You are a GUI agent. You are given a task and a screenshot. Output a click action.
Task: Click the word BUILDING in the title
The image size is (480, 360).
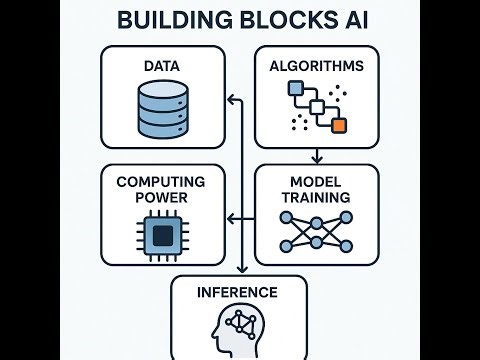[x=165, y=20]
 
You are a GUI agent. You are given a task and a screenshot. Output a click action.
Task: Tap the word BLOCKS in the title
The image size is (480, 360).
[x=273, y=20]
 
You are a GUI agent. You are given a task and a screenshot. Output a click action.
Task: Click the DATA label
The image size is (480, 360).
[x=161, y=66]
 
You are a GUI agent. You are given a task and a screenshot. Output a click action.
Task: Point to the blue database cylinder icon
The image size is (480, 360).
[x=161, y=112]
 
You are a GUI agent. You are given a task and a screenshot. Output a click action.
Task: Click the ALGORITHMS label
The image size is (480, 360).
[x=317, y=66]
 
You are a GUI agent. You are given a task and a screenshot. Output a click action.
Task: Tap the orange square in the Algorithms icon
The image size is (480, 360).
[x=338, y=125]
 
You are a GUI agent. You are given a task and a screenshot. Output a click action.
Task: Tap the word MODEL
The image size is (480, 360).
[x=317, y=181]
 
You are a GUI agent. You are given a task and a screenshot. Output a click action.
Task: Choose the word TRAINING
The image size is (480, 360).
[x=317, y=197]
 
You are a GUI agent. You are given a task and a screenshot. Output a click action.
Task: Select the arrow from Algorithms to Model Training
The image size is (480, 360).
[x=317, y=153]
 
